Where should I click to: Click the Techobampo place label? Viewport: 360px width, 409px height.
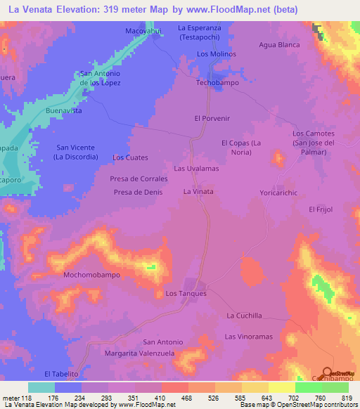pos(216,82)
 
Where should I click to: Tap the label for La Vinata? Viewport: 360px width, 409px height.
pos(198,191)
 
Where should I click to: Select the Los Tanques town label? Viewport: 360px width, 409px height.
pos(186,293)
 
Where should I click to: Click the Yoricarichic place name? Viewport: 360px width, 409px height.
pos(280,191)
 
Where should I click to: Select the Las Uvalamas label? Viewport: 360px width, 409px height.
pos(197,169)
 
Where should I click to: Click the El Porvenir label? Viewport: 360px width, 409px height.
pos(212,119)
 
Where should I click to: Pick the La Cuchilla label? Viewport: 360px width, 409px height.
pos(244,316)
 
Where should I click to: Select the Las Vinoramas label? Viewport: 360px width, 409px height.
pos(248,337)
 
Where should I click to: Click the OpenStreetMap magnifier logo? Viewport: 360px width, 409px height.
pos(326,373)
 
